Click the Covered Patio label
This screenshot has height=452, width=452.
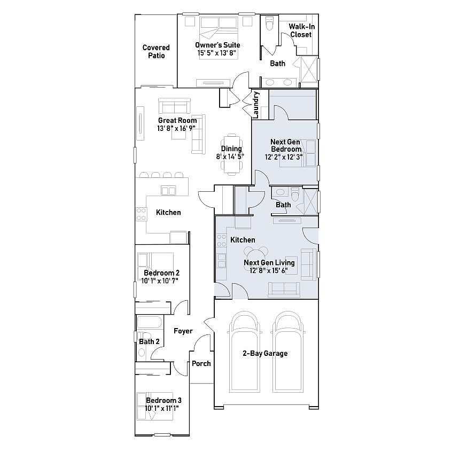pyautogui.click(x=156, y=52)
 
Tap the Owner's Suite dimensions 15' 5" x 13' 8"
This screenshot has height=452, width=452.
pyautogui.click(x=217, y=53)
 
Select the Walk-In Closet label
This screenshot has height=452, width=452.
pyautogui.click(x=301, y=30)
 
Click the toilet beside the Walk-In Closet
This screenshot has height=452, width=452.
pyautogui.click(x=269, y=24)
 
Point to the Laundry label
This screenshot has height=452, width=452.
pyautogui.click(x=256, y=105)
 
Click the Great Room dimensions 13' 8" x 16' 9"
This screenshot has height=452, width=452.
pyautogui.click(x=176, y=129)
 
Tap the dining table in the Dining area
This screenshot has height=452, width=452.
pyautogui.click(x=232, y=154)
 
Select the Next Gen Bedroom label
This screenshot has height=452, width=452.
pyautogui.click(x=285, y=145)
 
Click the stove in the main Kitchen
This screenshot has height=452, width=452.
pyautogui.click(x=141, y=214)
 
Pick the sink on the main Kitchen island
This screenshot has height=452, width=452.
pyautogui.click(x=168, y=191)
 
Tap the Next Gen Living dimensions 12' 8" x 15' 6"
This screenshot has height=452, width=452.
pyautogui.click(x=269, y=271)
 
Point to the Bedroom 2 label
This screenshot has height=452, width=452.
pyautogui.click(x=161, y=272)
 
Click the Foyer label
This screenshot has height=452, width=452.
pyautogui.click(x=183, y=331)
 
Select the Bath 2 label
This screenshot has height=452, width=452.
pyautogui.click(x=149, y=341)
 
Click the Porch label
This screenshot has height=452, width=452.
pyautogui.click(x=201, y=363)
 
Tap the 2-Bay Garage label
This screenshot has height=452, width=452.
pyautogui.click(x=265, y=353)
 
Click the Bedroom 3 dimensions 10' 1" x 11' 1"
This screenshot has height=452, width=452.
pyautogui.click(x=162, y=409)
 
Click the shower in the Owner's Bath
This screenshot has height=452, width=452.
pyautogui.click(x=309, y=69)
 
